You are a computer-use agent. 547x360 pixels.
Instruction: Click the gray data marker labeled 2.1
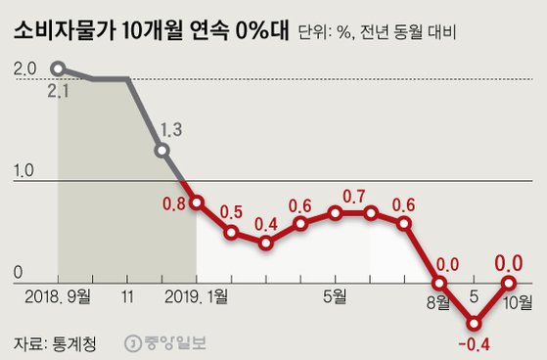(58, 68)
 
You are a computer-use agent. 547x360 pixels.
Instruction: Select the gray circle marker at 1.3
(162, 151)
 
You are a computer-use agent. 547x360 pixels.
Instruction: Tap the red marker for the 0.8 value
(197, 202)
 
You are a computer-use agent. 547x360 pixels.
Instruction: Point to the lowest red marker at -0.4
(476, 323)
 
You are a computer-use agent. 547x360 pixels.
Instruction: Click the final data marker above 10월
(510, 282)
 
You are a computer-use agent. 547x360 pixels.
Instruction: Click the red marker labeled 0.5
(231, 233)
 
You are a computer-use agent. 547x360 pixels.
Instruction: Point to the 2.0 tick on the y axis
(25, 69)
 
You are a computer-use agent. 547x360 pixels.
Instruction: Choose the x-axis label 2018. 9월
(59, 294)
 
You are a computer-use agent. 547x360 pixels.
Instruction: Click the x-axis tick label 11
(128, 294)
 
